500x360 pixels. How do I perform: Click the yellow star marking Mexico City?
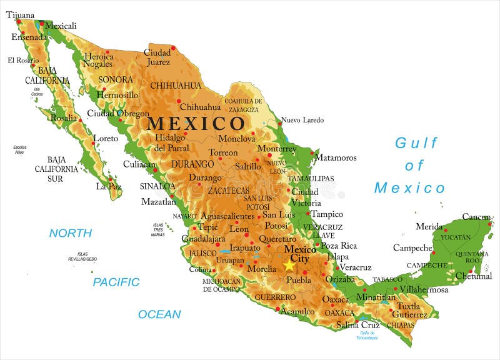[x=289, y=266]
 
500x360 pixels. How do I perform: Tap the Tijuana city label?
[x=20, y=14]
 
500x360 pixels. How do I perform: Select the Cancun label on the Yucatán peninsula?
[x=476, y=217]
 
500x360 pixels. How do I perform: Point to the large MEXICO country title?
[x=196, y=123]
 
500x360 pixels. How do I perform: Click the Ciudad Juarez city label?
[x=157, y=57]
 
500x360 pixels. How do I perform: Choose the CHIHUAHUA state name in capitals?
[x=176, y=86]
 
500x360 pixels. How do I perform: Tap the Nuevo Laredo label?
[x=303, y=120]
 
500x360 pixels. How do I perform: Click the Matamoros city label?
[x=336, y=157]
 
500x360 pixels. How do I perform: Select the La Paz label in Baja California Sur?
[x=108, y=186]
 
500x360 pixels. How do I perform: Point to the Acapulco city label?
[x=297, y=311]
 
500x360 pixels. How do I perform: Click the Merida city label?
[x=429, y=226]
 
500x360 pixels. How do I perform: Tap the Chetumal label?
[x=473, y=276]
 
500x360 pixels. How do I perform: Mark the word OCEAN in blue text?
[x=159, y=314]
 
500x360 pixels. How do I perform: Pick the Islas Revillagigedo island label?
[x=82, y=256]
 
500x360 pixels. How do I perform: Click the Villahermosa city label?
[x=424, y=290]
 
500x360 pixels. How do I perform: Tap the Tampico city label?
[x=327, y=214]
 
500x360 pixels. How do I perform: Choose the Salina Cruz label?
[x=358, y=325]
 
